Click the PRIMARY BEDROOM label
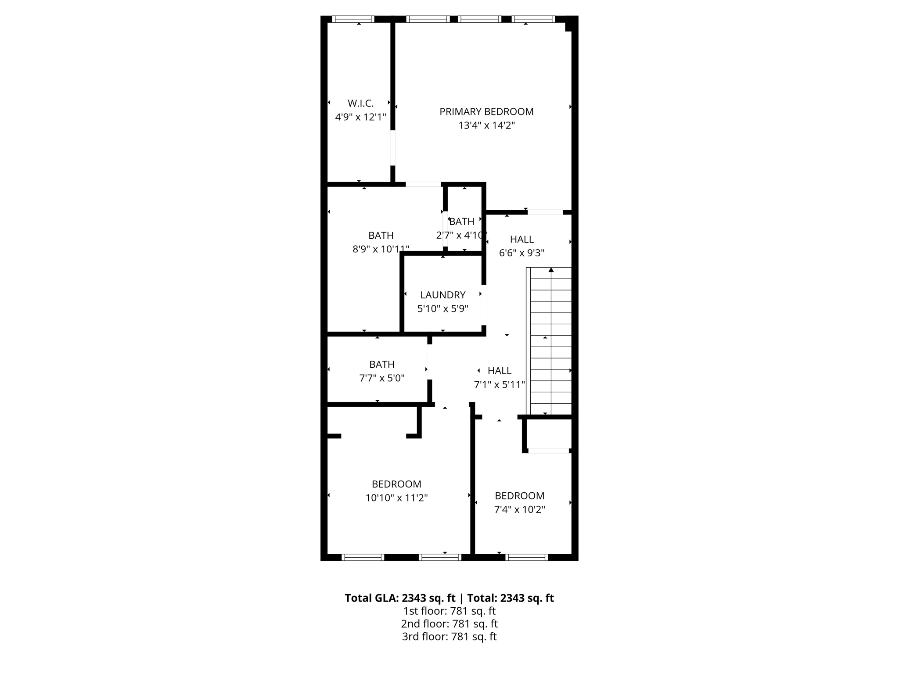pyautogui.click(x=486, y=111)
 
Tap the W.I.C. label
pyautogui.click(x=360, y=103)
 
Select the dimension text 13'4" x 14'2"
pyautogui.click(x=486, y=125)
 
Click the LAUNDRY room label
pyautogui.click(x=442, y=295)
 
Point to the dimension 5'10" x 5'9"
pyautogui.click(x=442, y=308)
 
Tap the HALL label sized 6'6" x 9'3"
pyautogui.click(x=521, y=239)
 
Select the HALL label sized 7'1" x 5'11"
pyautogui.click(x=500, y=371)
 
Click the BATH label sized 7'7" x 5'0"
pyautogui.click(x=381, y=364)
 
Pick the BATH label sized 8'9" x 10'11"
pyautogui.click(x=381, y=235)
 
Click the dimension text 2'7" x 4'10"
pyautogui.click(x=461, y=235)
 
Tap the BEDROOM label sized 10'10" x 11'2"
pyautogui.click(x=396, y=484)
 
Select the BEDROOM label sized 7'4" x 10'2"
pyautogui.click(x=519, y=496)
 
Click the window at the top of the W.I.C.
pyautogui.click(x=353, y=19)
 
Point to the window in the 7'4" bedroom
pyautogui.click(x=526, y=557)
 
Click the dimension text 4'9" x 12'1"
pyautogui.click(x=360, y=117)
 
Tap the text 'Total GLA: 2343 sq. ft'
pyautogui.click(x=400, y=598)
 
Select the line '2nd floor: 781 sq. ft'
pyautogui.click(x=449, y=624)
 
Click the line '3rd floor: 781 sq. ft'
pyautogui.click(x=449, y=636)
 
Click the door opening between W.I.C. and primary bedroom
pyautogui.click(x=393, y=148)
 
